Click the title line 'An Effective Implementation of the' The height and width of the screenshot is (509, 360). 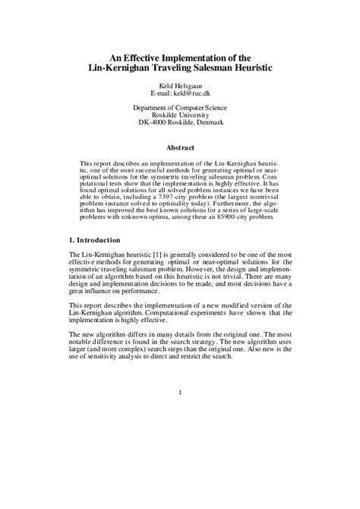pos(180,56)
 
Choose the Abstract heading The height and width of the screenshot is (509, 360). pos(180,148)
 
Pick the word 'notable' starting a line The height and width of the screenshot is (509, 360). pos(82,343)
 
